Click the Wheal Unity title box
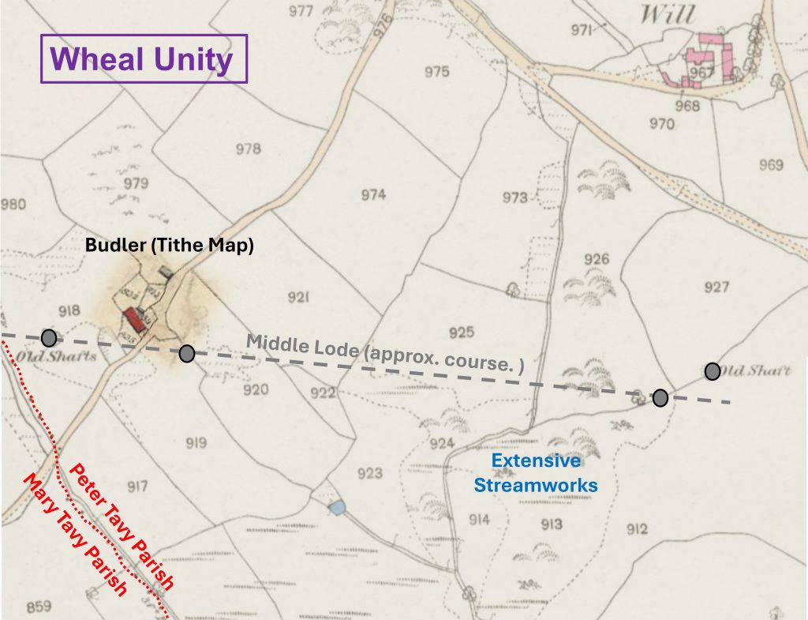pos(144,59)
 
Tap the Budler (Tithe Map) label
pos(169,246)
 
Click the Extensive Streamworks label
pos(536,472)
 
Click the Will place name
pos(668,14)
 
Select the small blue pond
pos(337,508)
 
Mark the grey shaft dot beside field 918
pos(49,338)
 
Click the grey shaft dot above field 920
pos(187,353)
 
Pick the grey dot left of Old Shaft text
pos(712,370)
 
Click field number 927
pos(716,287)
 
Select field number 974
pos(373,195)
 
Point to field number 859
pos(38,607)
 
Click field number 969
pos(770,164)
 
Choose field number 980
pos(13,205)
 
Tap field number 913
pos(552,524)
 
